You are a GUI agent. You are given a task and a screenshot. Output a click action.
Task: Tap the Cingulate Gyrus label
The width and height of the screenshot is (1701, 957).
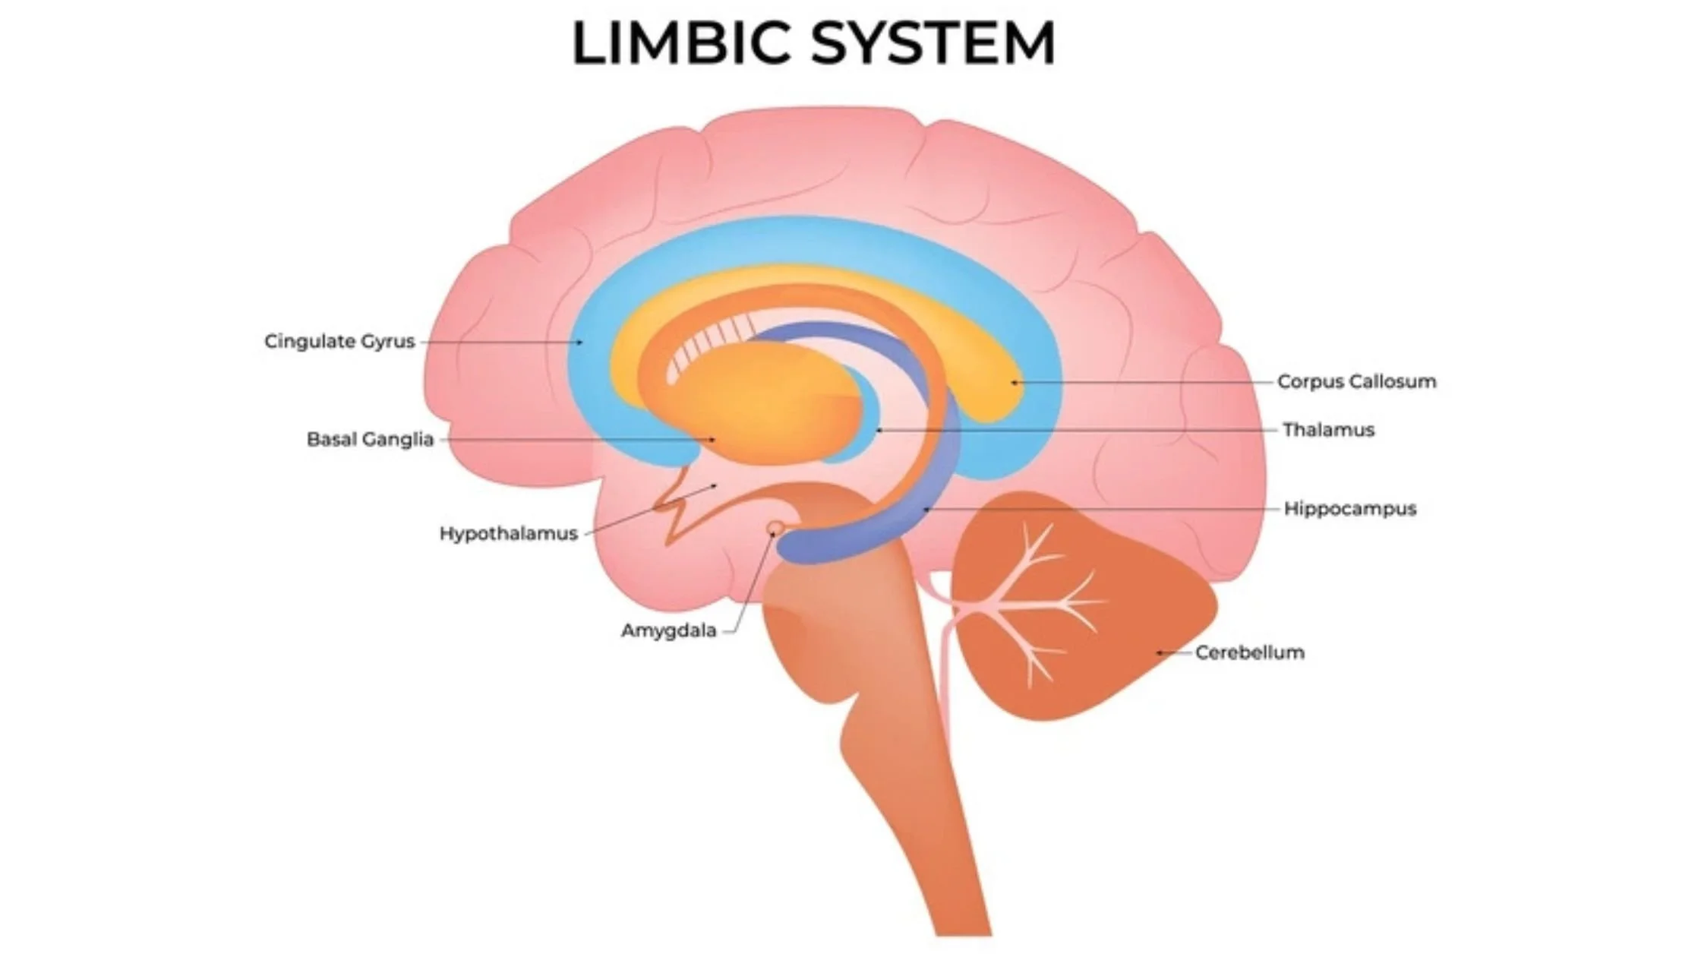(339, 342)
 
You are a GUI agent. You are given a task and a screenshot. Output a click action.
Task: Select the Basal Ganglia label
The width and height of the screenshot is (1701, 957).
(370, 439)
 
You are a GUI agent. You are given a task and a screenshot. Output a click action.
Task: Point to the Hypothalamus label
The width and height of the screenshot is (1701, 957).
(508, 533)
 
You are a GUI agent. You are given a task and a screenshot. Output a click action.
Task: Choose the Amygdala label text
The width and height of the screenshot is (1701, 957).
(668, 630)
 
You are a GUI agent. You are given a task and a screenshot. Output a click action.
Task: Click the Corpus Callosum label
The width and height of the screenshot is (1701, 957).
(1356, 381)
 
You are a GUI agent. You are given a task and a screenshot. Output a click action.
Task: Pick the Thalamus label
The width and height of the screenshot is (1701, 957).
(1328, 430)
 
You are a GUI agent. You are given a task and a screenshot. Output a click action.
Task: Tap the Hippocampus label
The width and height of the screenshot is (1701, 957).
(1349, 508)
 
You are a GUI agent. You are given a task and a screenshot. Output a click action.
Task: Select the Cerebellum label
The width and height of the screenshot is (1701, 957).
(1249, 652)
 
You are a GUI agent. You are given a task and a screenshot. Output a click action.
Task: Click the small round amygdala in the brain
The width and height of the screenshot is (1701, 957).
(775, 527)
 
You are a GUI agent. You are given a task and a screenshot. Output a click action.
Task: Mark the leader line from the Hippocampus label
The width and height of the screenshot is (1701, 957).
(1101, 509)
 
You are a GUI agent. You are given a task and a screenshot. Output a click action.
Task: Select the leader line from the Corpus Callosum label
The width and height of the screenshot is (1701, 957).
(1147, 382)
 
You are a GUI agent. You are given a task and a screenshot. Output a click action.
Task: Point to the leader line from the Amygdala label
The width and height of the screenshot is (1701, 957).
(752, 585)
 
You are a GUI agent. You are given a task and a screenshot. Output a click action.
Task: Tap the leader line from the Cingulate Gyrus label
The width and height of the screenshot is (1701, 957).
(501, 342)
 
